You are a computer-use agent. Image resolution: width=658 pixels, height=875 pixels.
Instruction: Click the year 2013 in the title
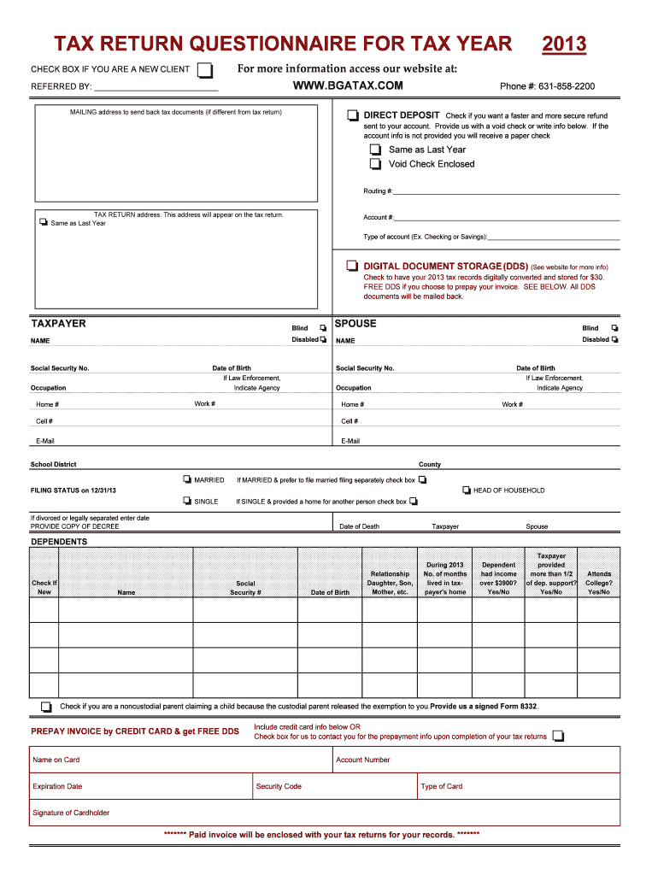pos(564,44)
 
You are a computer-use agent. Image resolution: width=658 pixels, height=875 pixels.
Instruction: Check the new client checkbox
pos(204,69)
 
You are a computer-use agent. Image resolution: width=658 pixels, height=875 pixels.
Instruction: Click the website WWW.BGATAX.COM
pos(348,86)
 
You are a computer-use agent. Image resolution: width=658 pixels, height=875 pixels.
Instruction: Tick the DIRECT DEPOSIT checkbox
pos(353,115)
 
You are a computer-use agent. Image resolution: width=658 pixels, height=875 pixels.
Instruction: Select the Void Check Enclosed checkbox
pos(375,164)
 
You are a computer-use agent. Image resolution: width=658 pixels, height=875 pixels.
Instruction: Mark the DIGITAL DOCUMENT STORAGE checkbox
pos(352,266)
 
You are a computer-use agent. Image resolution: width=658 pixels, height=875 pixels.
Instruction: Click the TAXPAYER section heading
pos(58,324)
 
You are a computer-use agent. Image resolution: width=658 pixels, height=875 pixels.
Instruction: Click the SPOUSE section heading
pos(355,324)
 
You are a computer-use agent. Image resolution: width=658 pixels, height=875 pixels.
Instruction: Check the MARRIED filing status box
pos(187,480)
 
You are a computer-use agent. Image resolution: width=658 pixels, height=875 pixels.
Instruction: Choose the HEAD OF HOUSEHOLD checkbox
pos(467,490)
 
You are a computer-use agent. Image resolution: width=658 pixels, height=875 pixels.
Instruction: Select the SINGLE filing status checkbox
pos(187,502)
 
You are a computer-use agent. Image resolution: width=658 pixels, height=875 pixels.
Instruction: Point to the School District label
pos(53,465)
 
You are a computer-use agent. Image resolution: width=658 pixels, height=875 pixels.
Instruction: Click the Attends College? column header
pos(598,583)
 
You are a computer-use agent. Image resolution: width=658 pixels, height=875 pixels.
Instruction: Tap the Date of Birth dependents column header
pos(330,592)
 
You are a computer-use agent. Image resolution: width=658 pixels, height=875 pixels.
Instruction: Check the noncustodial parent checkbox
pos(45,707)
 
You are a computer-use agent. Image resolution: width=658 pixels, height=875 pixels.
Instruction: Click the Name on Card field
pos(181,760)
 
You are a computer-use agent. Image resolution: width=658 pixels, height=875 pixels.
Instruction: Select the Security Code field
pos(334,786)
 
